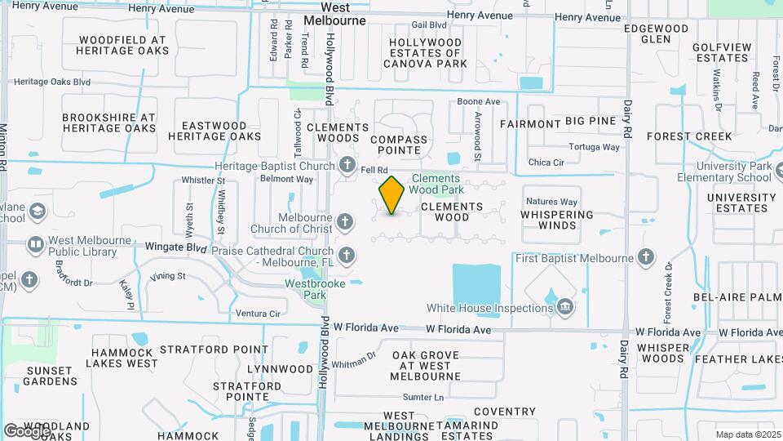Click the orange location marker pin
[391, 195]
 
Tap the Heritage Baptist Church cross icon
[347, 166]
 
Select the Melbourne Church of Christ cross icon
[345, 222]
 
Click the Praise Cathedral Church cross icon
[347, 256]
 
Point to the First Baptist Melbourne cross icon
[646, 258]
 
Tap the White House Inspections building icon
[564, 308]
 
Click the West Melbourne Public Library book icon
[35, 244]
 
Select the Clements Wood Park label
[436, 184]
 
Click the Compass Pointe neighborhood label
[398, 145]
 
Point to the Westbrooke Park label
[315, 289]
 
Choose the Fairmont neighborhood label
[530, 124]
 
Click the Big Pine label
[591, 121]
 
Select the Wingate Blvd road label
[176, 246]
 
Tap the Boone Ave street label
[478, 101]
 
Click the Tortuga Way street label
[595, 148]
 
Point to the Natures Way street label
[551, 201]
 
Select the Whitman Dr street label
[354, 356]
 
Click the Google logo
[27, 430]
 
